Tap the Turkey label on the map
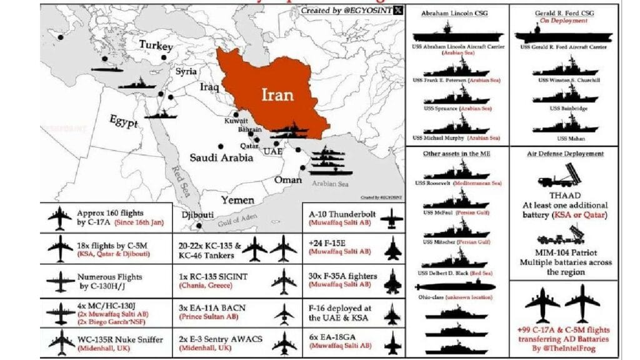pos(156,45)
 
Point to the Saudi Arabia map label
pos(222,157)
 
